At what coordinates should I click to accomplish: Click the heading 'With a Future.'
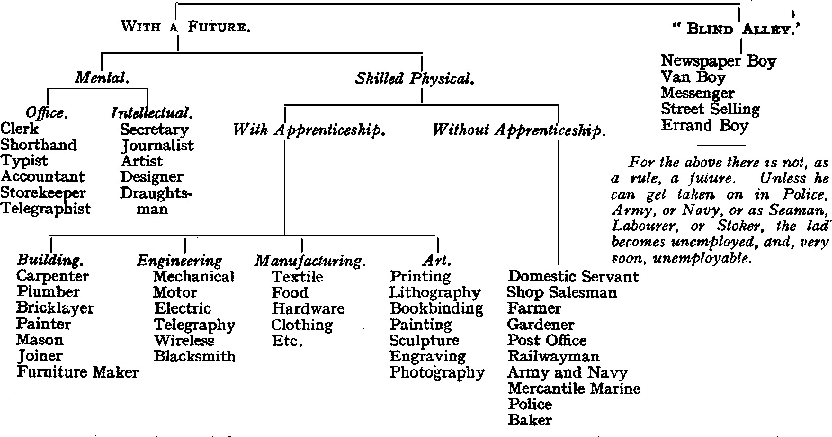click(x=185, y=26)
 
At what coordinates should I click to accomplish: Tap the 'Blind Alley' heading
click(x=736, y=29)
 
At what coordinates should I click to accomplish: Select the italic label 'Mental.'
click(x=102, y=78)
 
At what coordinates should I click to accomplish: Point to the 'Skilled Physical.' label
click(x=414, y=79)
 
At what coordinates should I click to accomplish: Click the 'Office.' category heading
click(x=46, y=113)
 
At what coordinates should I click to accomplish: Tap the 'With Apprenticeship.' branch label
click(x=309, y=130)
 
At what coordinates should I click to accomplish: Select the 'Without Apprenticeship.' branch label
click(x=519, y=130)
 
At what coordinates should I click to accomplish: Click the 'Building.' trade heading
click(x=50, y=260)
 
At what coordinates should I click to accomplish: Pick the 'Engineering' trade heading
click(x=180, y=260)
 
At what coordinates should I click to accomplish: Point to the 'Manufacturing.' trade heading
click(x=310, y=261)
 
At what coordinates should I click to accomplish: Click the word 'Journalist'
click(x=157, y=145)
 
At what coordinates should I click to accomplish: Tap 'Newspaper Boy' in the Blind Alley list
click(x=718, y=61)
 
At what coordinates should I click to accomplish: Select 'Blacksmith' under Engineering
click(x=195, y=356)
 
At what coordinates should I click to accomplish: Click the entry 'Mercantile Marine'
click(x=574, y=388)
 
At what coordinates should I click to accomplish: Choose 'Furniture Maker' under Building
click(x=77, y=372)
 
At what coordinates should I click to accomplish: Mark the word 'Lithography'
click(x=435, y=292)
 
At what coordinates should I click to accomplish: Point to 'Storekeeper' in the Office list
click(x=43, y=193)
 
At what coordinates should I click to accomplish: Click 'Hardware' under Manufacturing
click(x=308, y=308)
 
